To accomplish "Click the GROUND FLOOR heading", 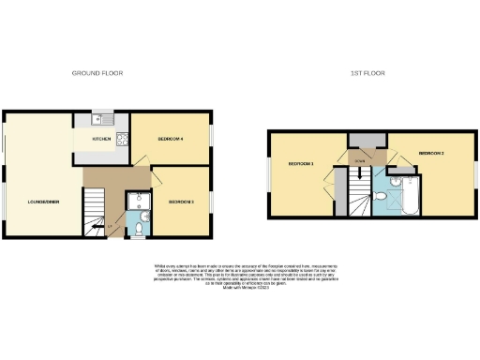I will pos(98,72).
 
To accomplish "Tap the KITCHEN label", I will pos(101,140).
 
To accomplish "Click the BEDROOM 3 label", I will pos(181,202).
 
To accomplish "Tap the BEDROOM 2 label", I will pos(430,152).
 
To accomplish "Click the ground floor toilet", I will pos(141,229).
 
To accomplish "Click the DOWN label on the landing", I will pos(359,162).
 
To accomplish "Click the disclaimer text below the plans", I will pos(239,277).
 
